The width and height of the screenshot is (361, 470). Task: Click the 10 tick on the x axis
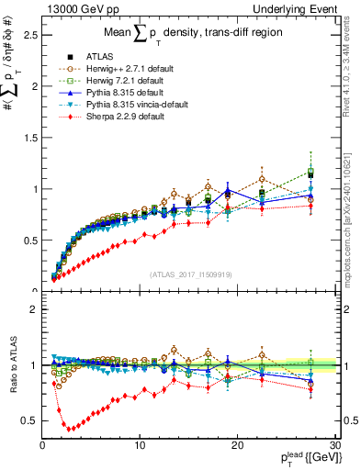tap(140, 445)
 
